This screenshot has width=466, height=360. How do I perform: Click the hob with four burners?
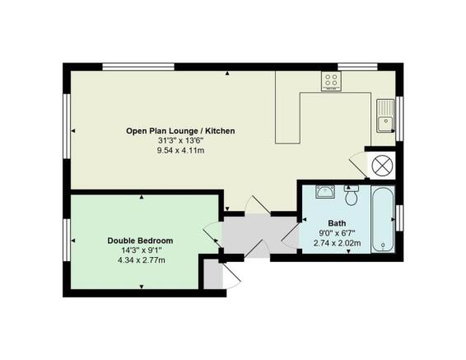pyautogui.click(x=331, y=81)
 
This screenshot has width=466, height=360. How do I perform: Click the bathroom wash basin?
pyautogui.click(x=325, y=193)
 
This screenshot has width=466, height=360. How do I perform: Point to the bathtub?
pyautogui.click(x=383, y=217)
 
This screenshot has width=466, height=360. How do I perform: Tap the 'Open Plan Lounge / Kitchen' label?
pyautogui.click(x=180, y=131)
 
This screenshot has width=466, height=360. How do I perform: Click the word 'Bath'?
pyautogui.click(x=337, y=222)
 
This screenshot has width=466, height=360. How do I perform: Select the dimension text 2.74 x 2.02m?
pyautogui.click(x=337, y=242)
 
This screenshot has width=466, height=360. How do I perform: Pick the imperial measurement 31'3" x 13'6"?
pyautogui.click(x=180, y=141)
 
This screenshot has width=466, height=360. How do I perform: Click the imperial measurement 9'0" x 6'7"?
pyautogui.click(x=337, y=232)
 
